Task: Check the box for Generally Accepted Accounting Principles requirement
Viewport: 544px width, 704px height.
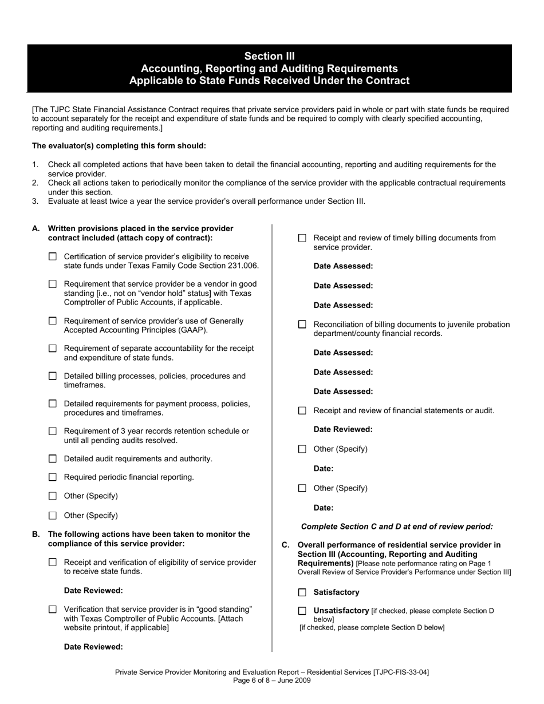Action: (x=53, y=321)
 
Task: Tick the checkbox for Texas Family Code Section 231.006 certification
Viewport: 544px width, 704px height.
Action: (x=53, y=257)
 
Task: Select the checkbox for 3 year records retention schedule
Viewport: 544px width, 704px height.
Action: (x=53, y=431)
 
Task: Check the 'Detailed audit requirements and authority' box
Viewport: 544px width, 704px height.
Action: (x=53, y=458)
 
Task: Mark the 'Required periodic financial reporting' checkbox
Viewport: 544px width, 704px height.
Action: (x=53, y=477)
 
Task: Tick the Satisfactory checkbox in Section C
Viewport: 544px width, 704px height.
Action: (x=302, y=592)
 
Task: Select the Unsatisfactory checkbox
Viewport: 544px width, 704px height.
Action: (x=302, y=611)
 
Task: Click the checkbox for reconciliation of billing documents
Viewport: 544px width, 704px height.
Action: (x=302, y=325)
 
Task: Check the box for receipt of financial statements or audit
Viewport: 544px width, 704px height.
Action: (x=302, y=410)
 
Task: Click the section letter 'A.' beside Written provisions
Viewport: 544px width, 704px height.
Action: (x=36, y=228)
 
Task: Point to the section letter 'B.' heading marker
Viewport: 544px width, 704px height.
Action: (x=36, y=534)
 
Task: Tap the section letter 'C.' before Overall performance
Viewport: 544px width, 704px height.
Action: (x=286, y=545)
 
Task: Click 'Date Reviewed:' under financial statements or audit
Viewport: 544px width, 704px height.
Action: (x=342, y=429)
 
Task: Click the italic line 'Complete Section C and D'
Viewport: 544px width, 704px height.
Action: (x=396, y=527)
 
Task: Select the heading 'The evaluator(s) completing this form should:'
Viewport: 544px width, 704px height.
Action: (x=119, y=146)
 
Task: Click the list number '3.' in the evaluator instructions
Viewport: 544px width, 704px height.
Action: (x=36, y=201)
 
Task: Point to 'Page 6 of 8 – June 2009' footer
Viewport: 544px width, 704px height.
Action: (x=271, y=681)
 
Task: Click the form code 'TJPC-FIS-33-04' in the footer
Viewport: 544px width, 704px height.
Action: (x=400, y=672)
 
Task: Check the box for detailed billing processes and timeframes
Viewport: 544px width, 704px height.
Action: (x=53, y=376)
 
